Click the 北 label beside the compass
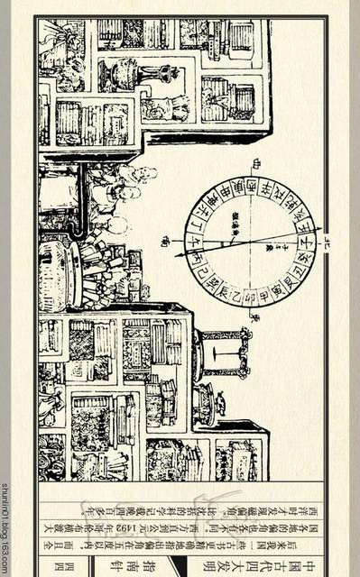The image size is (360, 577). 326,243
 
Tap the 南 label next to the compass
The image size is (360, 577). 165,241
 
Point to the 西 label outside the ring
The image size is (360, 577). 254,163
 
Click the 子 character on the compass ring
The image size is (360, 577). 306,241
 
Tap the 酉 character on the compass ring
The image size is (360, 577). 252,187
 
